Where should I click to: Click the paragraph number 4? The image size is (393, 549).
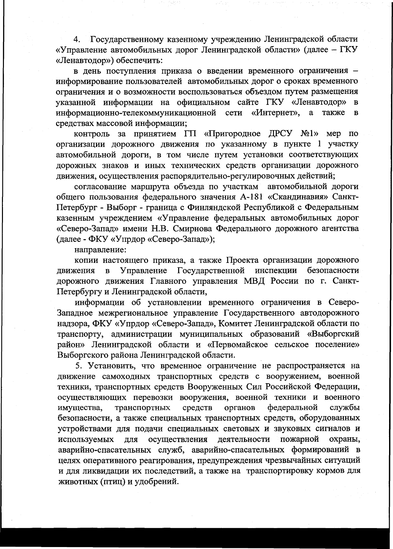click(x=77, y=40)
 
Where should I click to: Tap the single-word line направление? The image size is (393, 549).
click(x=96, y=249)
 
